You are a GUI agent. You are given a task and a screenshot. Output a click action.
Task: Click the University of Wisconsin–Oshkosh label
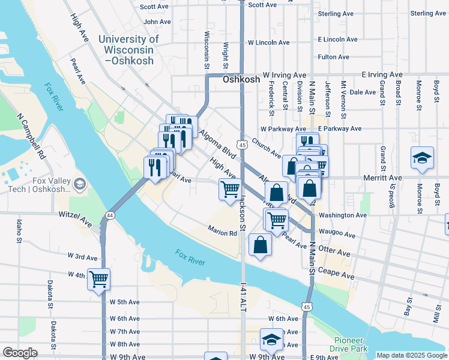pyautogui.click(x=128, y=50)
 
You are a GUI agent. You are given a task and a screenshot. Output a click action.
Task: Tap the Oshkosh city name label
pyautogui.click(x=241, y=79)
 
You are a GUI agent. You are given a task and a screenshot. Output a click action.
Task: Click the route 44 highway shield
pyautogui.click(x=110, y=214)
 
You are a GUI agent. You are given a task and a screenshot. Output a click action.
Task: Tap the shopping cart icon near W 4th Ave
pyautogui.click(x=98, y=278)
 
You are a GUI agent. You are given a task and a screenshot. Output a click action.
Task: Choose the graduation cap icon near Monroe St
pyautogui.click(x=422, y=158)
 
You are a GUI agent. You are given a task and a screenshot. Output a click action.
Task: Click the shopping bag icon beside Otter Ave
pyautogui.click(x=260, y=245)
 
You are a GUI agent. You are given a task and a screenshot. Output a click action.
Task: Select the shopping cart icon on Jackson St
pyautogui.click(x=231, y=190)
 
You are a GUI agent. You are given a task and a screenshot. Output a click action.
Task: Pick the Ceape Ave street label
pyautogui.click(x=340, y=275)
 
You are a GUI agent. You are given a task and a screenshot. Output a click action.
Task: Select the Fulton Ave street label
pyautogui.click(x=334, y=57)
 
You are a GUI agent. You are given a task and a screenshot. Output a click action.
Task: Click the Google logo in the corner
pyautogui.click(x=20, y=353)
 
